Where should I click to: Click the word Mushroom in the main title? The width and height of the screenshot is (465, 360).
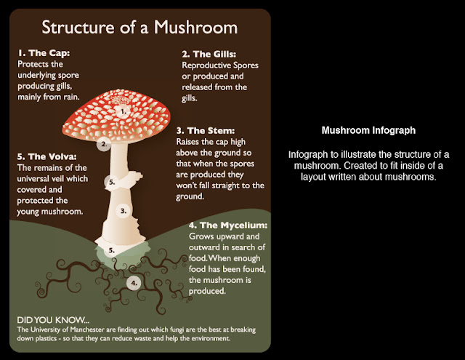tap(195, 28)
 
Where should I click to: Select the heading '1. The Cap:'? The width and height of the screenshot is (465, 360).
tap(44, 53)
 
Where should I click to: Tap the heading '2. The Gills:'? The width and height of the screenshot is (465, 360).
tap(209, 55)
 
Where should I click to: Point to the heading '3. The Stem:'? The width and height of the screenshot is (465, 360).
tap(206, 131)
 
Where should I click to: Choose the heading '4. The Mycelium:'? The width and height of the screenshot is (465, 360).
tap(228, 225)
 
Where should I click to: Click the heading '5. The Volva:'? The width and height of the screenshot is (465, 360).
tap(46, 156)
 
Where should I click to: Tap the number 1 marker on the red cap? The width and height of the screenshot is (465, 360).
tap(123, 112)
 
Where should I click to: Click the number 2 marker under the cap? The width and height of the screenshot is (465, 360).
tap(103, 144)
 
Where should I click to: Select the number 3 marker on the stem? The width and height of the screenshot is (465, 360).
tap(124, 211)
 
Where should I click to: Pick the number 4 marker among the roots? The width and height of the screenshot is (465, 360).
tap(134, 283)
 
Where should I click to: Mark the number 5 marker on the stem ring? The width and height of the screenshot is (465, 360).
tap(111, 182)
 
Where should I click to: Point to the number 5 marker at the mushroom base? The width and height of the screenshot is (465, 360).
tap(111, 250)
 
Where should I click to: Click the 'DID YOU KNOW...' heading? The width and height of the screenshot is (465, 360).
tap(53, 320)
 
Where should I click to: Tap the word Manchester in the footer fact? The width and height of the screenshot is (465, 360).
tap(87, 329)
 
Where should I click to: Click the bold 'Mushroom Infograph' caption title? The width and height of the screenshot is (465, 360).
tap(368, 130)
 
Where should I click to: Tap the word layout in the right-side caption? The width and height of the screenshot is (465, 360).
tap(313, 177)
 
